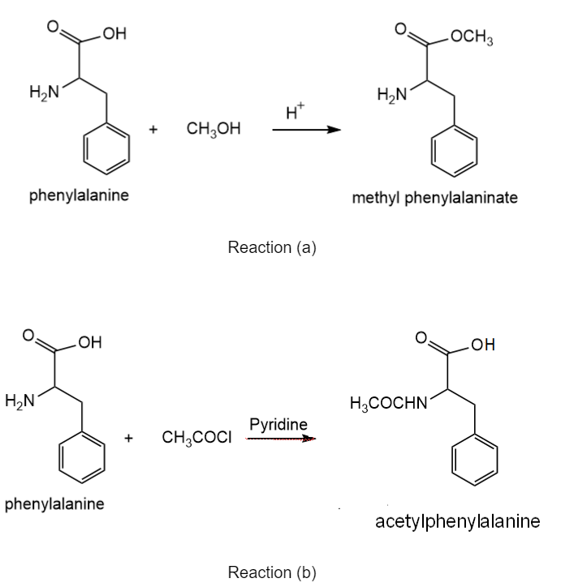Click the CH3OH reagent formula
[x=214, y=129]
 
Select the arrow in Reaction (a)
[x=307, y=130]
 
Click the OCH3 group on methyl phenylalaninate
[x=472, y=37]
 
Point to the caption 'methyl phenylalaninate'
[x=434, y=197]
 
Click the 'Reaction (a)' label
[x=272, y=247]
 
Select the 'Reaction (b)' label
[x=272, y=572]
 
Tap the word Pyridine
[x=278, y=425]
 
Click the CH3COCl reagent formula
[x=196, y=437]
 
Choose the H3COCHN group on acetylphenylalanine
[x=389, y=403]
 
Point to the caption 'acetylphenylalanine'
[x=458, y=521]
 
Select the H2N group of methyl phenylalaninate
[x=392, y=94]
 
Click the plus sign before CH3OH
[x=153, y=130]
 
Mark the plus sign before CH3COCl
[x=128, y=438]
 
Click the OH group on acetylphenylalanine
[x=483, y=345]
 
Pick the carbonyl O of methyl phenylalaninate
[x=400, y=29]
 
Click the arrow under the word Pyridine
[x=281, y=439]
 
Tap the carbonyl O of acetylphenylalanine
[x=421, y=337]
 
